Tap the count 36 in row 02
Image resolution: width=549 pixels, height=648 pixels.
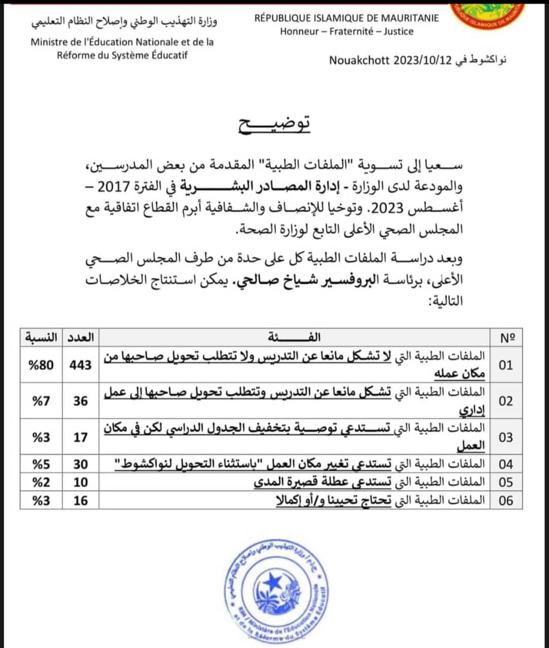pos(81,401)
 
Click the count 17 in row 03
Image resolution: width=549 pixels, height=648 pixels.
pos(81,437)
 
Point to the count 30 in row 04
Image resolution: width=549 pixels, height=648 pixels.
pos(81,464)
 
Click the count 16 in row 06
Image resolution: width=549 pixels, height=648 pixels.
pos(81,500)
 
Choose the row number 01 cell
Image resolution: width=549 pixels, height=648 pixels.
pos(506,365)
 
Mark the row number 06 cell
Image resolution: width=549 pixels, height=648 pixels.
pos(506,500)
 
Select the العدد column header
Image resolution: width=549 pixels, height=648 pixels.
pos(80,337)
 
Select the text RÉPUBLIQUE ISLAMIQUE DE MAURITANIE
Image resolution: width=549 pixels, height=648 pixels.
pos(346,17)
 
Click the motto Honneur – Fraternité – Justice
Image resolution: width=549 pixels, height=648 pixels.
pos(346,31)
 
